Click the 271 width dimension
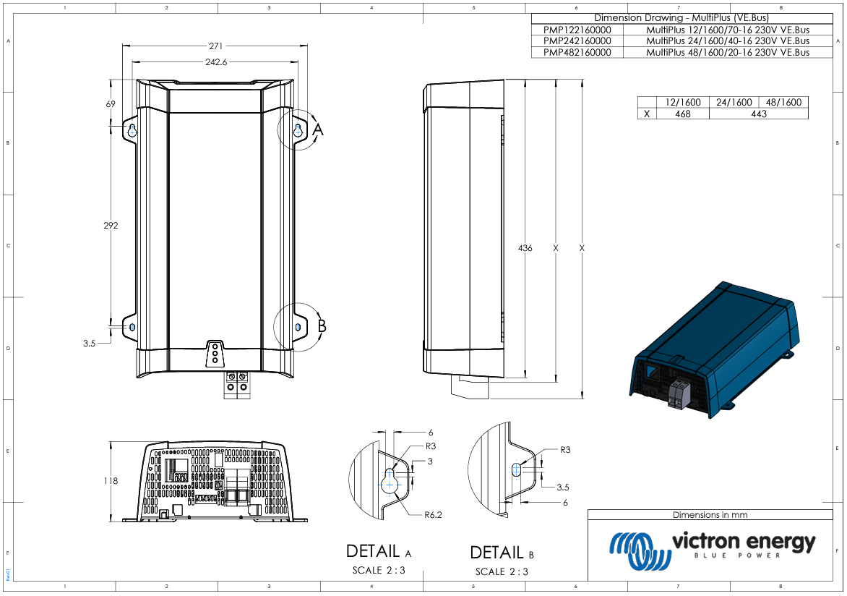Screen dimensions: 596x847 tap(216, 46)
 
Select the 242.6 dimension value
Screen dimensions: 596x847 tap(216, 62)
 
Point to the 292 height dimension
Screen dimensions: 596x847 tap(110, 226)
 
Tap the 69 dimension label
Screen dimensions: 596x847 tap(111, 104)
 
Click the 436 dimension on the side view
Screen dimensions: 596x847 tap(525, 248)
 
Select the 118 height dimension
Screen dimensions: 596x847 tap(110, 480)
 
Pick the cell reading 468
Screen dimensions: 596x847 tap(682, 114)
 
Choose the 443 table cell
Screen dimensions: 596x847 tap(758, 114)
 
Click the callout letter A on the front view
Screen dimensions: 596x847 tap(318, 129)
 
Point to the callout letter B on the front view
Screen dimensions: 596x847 tap(322, 326)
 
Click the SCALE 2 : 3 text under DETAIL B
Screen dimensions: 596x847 tap(502, 571)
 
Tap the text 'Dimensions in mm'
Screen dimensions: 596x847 tap(710, 515)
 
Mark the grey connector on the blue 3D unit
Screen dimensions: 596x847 tap(681, 395)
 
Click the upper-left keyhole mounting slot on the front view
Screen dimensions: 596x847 tap(132, 130)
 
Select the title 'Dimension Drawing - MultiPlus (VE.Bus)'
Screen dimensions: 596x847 tap(681, 17)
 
